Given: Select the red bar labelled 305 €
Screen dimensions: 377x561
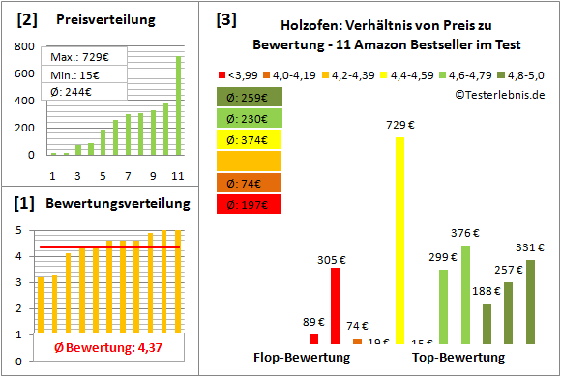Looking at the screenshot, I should [x=335, y=304].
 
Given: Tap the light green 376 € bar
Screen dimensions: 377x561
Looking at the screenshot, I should [x=465, y=295].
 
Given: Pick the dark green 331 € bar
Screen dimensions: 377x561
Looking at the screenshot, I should [x=530, y=302].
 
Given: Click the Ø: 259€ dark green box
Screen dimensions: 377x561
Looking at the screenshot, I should [x=250, y=97].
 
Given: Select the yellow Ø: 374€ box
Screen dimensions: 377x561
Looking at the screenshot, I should [x=250, y=139].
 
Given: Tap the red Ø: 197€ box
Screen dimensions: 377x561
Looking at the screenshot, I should [x=250, y=204].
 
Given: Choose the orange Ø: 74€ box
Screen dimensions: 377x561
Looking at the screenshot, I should [x=250, y=183].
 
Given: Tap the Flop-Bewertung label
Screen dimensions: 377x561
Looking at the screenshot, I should [x=302, y=358].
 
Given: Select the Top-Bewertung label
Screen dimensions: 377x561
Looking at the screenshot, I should [x=458, y=358].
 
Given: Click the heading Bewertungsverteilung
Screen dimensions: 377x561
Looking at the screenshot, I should [x=104, y=204].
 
